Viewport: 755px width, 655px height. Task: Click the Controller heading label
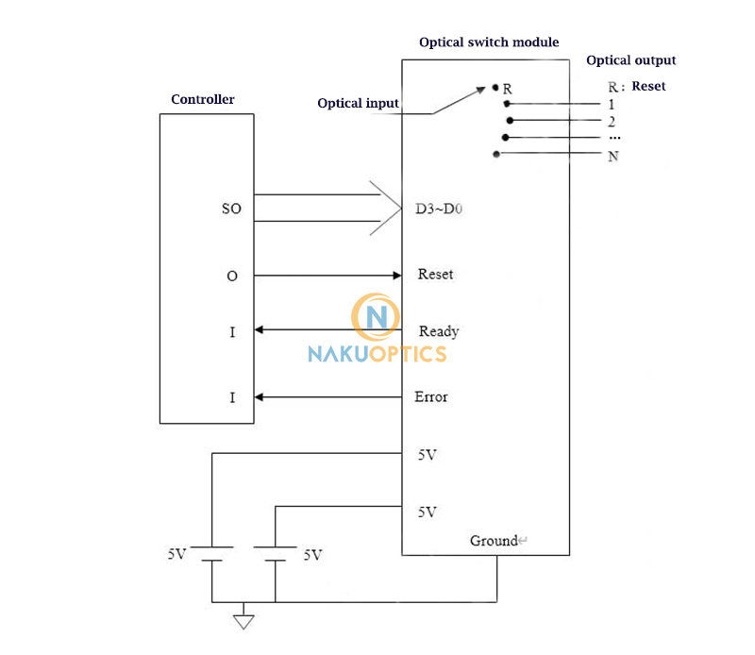click(x=202, y=99)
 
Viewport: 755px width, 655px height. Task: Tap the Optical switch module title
click(x=488, y=42)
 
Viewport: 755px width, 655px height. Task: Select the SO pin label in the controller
click(x=231, y=209)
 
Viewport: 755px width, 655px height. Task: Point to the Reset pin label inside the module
click(x=435, y=275)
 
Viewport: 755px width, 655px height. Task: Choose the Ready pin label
click(x=438, y=331)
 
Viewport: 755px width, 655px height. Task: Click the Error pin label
click(x=431, y=396)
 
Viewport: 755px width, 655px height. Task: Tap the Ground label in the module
click(x=495, y=541)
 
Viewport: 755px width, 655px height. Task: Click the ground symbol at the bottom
click(x=244, y=620)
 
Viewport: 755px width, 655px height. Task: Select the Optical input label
click(x=358, y=103)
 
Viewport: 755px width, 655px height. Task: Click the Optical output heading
click(x=630, y=60)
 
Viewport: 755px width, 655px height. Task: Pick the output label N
click(x=613, y=156)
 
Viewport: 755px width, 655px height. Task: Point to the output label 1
click(x=612, y=104)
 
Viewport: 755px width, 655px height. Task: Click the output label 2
click(x=612, y=122)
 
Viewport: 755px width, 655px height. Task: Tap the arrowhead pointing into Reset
click(x=396, y=275)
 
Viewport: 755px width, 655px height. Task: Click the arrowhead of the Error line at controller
click(x=260, y=397)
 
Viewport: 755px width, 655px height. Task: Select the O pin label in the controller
click(x=232, y=276)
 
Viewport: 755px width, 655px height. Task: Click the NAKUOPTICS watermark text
click(x=377, y=354)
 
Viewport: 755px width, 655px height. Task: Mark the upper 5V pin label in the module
click(x=427, y=454)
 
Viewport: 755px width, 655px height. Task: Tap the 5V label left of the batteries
click(x=176, y=555)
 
